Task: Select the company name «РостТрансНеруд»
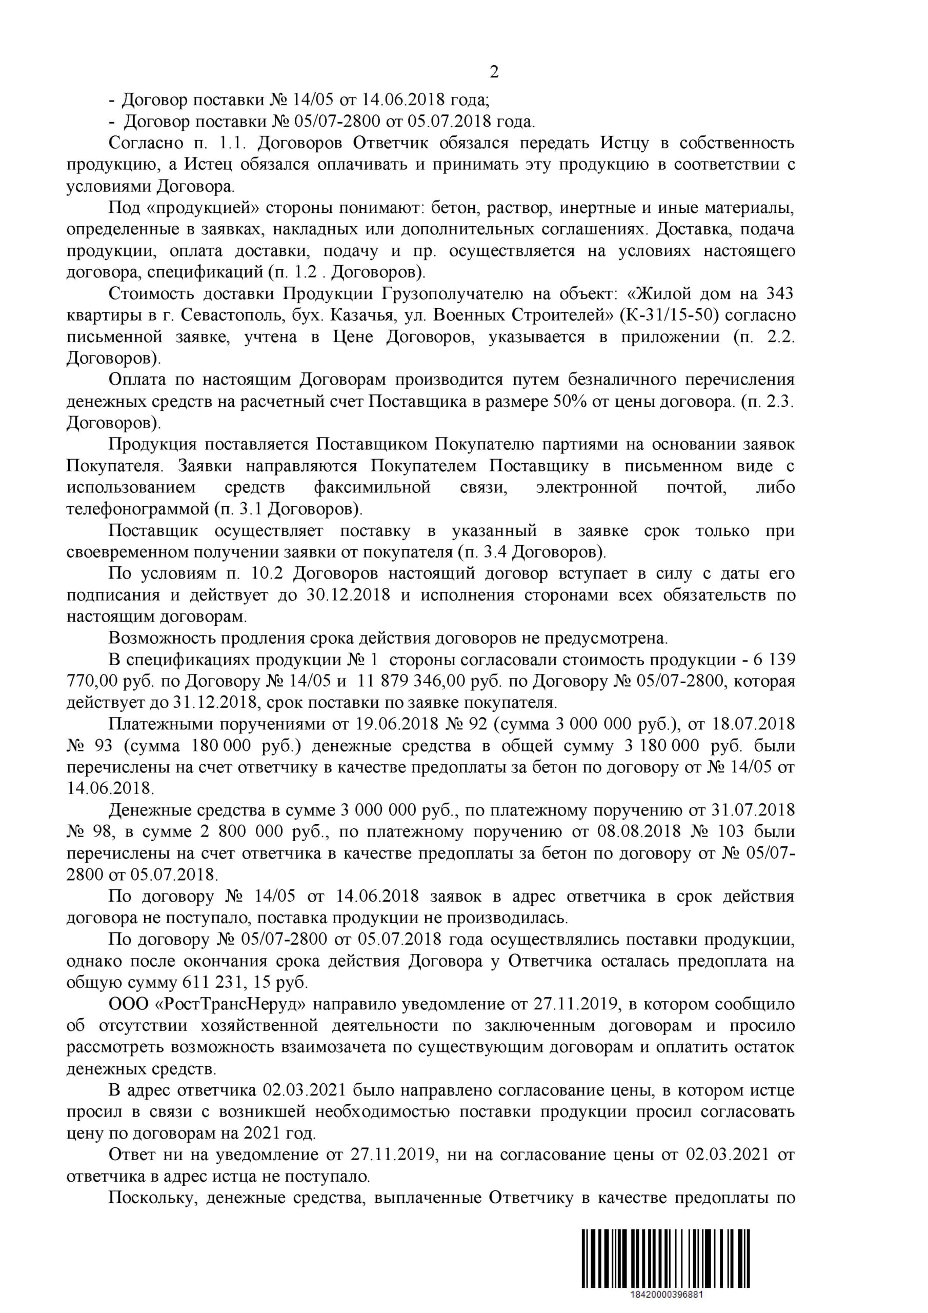(x=230, y=1005)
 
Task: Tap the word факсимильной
(x=372, y=488)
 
